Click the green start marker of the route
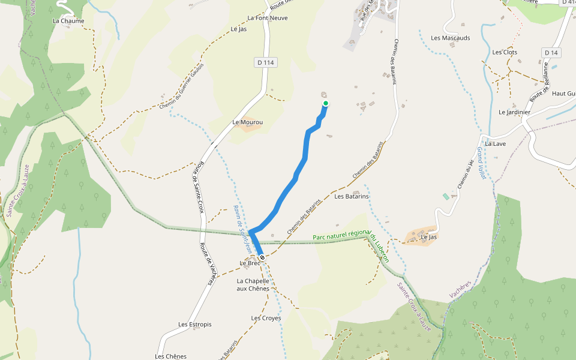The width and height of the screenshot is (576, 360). (326, 103)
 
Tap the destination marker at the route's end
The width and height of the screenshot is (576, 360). (262, 257)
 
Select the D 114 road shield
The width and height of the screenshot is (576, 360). (267, 62)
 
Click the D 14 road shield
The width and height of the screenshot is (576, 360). (551, 53)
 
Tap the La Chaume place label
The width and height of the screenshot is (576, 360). (68, 21)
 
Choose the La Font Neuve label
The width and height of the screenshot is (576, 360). (268, 18)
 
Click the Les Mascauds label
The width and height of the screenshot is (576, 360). (451, 38)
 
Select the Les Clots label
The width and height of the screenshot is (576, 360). (505, 52)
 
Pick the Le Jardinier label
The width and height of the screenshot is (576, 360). (514, 112)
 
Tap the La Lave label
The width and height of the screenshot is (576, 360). (496, 144)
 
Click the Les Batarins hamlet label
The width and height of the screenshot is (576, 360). (351, 196)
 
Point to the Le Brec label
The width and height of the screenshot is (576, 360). (250, 263)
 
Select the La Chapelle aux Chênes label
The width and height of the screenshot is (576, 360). (253, 284)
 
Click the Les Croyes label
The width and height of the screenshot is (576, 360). (266, 318)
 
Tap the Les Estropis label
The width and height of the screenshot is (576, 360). (195, 325)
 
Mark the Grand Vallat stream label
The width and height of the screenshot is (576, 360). (481, 163)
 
